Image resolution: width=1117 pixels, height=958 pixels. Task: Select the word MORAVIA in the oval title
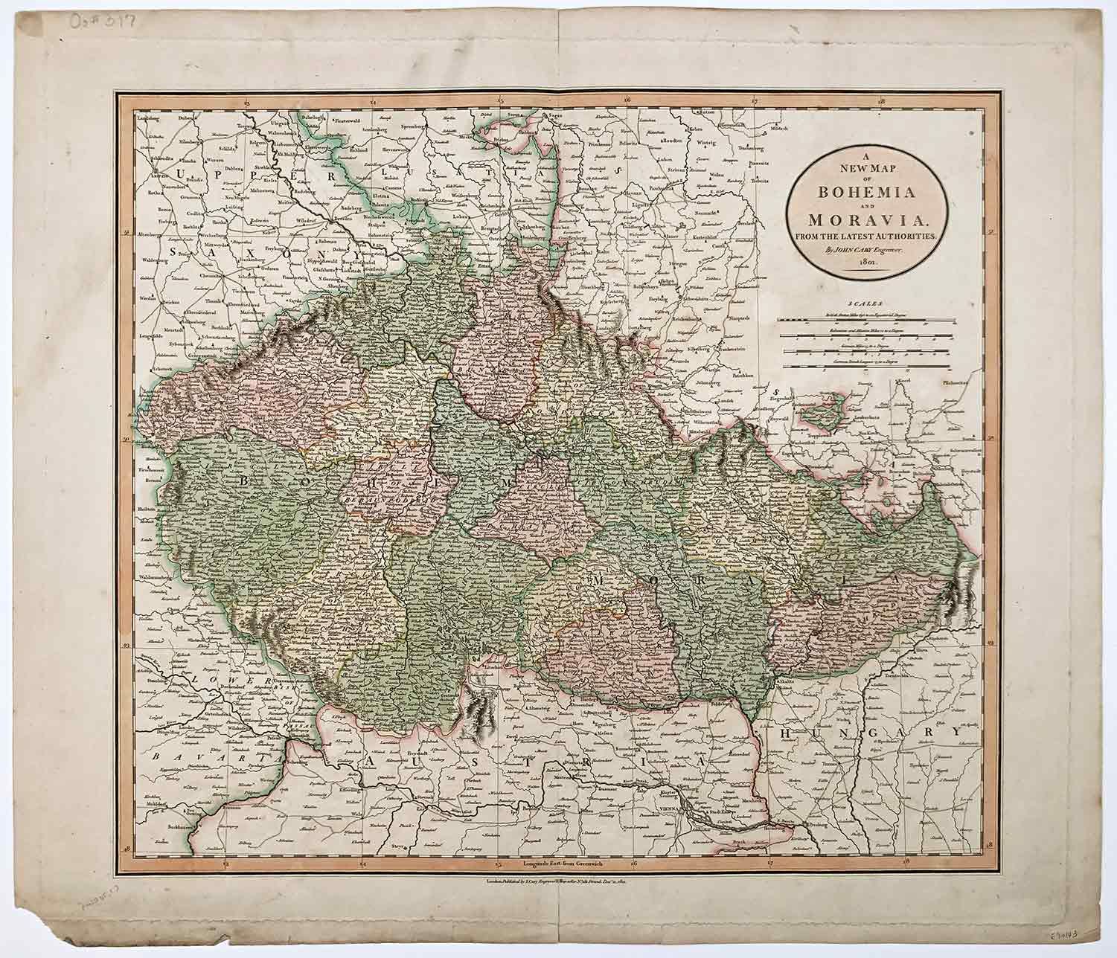868,221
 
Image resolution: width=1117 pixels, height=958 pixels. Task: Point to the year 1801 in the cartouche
869,263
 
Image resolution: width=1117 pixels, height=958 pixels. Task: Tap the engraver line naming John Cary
868,250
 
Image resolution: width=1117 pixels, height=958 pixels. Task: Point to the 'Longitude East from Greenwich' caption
558,864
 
